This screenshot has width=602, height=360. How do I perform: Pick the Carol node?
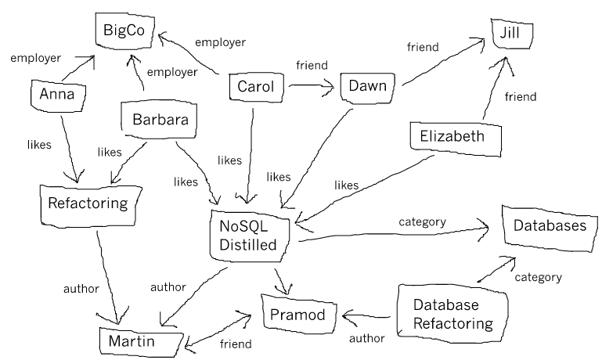click(x=255, y=87)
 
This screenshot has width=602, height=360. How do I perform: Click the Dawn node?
click(x=369, y=87)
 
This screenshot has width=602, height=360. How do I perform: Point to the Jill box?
click(x=511, y=33)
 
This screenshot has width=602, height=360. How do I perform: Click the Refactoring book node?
click(x=88, y=203)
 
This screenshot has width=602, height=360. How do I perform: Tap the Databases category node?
click(x=550, y=225)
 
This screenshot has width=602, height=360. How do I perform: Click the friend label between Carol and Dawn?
click(x=311, y=64)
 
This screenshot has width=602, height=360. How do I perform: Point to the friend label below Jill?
click(x=521, y=97)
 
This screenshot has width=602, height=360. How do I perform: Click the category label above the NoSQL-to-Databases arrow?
click(x=422, y=221)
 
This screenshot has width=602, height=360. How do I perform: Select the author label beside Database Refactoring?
click(x=367, y=339)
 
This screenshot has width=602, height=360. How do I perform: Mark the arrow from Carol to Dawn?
click(x=311, y=88)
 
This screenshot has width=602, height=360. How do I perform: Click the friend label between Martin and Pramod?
click(x=235, y=344)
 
